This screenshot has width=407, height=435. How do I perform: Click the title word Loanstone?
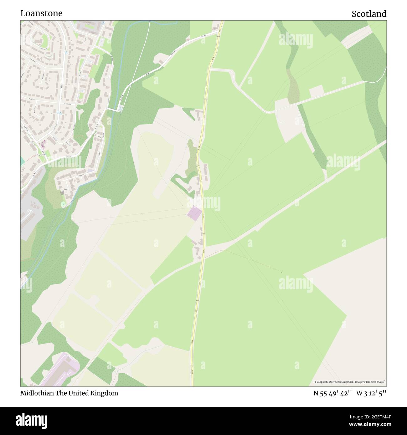(x=41, y=13)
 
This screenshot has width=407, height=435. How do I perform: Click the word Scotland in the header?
(x=369, y=14)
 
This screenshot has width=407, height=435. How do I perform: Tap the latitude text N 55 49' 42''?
(x=333, y=393)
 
